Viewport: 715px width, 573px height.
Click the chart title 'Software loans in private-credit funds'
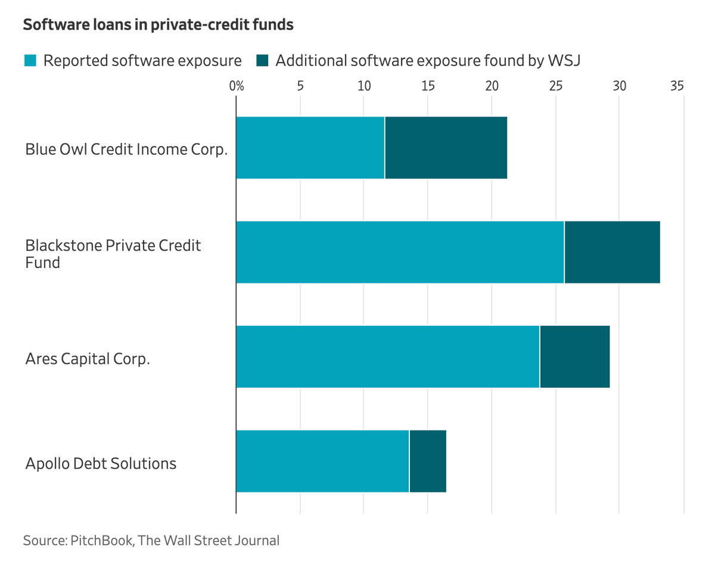tap(158, 24)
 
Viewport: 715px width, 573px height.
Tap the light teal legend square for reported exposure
tap(30, 60)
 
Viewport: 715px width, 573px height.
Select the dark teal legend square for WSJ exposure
tap(262, 60)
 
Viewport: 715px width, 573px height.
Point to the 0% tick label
tap(237, 86)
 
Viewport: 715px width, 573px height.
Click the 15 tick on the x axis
tap(428, 86)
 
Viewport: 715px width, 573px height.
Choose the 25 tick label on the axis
tap(555, 86)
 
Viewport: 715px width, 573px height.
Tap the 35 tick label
tap(677, 86)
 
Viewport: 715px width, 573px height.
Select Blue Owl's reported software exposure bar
tap(310, 148)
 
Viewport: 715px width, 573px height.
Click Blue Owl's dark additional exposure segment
tap(446, 148)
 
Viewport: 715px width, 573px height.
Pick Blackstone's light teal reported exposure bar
tap(400, 252)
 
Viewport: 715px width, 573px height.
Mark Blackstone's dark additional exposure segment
tap(613, 252)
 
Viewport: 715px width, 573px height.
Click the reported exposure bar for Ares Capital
tap(388, 356)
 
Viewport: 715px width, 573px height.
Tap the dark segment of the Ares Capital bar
tap(575, 356)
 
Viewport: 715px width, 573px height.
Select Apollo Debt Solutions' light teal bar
tap(322, 461)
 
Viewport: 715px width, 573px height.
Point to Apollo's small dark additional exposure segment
tap(428, 461)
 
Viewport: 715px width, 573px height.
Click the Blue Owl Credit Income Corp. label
tap(126, 150)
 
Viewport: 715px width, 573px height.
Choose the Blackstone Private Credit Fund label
tap(113, 254)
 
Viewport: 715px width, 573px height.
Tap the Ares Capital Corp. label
tap(88, 359)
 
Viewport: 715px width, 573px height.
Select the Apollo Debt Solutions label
tap(101, 463)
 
